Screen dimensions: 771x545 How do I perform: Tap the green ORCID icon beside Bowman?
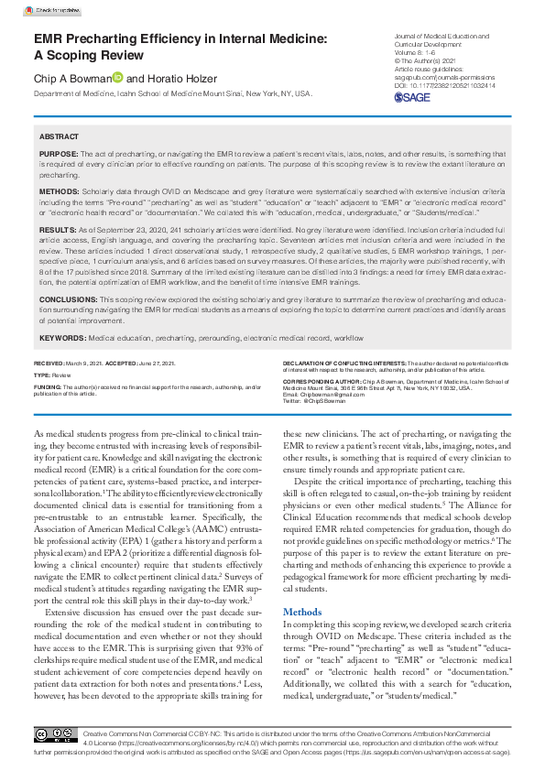pos(117,79)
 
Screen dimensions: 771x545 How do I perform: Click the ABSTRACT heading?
pos(60,135)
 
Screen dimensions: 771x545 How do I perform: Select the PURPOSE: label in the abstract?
pos(59,154)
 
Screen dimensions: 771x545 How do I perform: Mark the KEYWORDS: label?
pos(62,338)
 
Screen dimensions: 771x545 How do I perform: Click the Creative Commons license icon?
pos(55,735)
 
